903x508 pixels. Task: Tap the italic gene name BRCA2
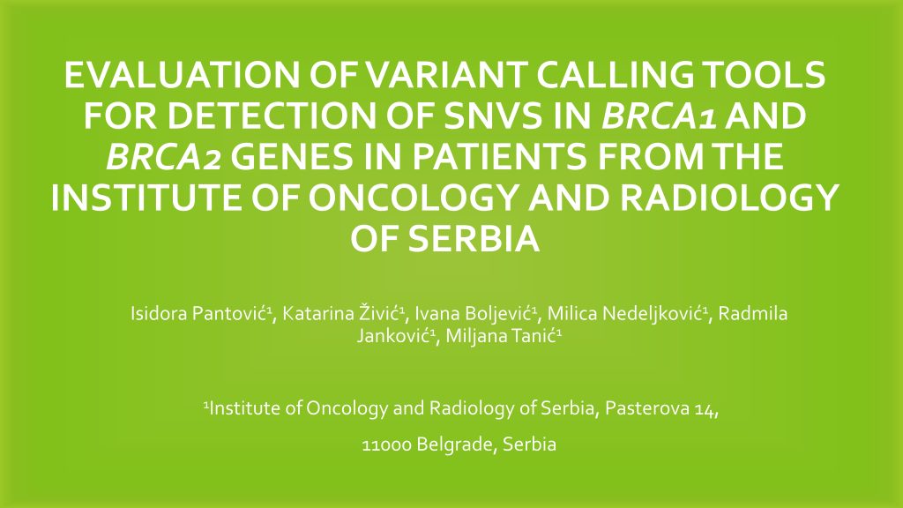[x=163, y=157]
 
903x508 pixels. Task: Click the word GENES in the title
[x=293, y=157]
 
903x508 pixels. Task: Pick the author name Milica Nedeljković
[x=625, y=314]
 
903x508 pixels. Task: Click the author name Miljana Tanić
[x=502, y=336]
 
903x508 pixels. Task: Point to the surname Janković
[x=394, y=336]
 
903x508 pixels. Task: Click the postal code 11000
[x=386, y=444]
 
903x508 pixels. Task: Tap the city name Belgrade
[x=456, y=444]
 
